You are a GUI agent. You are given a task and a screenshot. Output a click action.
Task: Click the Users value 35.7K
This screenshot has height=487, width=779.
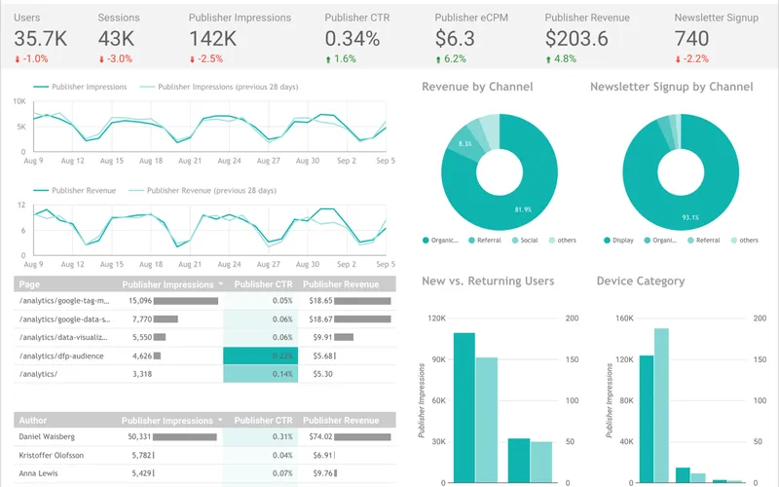pos(40,39)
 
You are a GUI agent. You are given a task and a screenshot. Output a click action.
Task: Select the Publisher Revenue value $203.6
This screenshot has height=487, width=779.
pos(576,39)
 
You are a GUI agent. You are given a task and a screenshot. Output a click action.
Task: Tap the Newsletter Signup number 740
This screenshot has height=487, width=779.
pos(691,39)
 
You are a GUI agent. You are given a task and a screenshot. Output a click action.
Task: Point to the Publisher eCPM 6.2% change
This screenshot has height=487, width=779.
pos(454,59)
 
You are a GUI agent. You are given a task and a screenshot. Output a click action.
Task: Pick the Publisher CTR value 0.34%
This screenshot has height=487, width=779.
pos(352,39)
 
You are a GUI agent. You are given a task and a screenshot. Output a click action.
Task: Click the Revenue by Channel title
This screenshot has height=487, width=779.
pos(477,87)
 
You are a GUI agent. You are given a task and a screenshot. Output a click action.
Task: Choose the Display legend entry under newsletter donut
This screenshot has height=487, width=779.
pos(622,240)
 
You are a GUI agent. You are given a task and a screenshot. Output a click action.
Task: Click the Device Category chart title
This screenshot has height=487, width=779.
pos(640,281)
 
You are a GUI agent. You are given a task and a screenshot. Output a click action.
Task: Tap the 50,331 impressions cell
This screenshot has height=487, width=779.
pos(136,436)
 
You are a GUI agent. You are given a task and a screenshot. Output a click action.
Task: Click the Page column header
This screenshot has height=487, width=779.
pos(29,284)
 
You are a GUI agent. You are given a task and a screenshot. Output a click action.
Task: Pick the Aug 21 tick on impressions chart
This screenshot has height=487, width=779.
pos(190,160)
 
